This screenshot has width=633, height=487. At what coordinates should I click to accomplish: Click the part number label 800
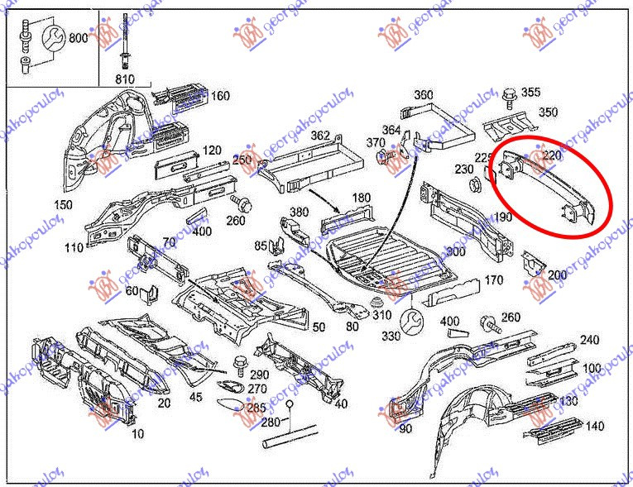[x=79, y=38]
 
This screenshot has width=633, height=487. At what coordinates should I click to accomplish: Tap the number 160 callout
[x=220, y=96]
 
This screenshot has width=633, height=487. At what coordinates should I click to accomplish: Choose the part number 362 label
[x=320, y=136]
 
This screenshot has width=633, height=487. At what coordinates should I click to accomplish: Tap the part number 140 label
[x=594, y=427]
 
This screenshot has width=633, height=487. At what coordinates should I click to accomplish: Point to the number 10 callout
[x=137, y=433]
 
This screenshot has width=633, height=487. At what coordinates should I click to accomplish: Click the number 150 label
[x=62, y=205]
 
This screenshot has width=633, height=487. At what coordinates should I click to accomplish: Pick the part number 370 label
[x=376, y=142]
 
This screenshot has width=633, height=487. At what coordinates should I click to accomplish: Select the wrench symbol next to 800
[x=51, y=37]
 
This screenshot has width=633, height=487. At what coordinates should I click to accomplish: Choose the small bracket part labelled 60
[x=151, y=292]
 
